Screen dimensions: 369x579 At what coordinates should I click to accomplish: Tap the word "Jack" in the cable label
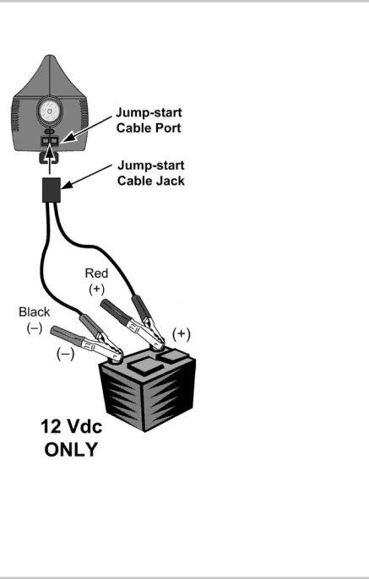click(169, 181)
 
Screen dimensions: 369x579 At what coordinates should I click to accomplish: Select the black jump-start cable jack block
click(52, 190)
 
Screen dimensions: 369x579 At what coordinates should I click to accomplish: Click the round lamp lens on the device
click(50, 111)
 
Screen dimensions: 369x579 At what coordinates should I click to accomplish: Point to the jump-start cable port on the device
click(50, 140)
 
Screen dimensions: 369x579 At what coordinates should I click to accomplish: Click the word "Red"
click(96, 273)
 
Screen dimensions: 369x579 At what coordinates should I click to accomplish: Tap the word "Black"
click(35, 312)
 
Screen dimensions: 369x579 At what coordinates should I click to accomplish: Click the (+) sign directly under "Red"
click(96, 289)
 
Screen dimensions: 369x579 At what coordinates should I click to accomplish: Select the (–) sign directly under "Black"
click(35, 327)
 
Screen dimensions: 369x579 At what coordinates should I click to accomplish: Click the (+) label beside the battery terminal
click(182, 334)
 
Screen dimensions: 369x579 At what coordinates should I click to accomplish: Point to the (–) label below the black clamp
click(65, 354)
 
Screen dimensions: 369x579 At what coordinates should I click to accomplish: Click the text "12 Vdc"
click(71, 426)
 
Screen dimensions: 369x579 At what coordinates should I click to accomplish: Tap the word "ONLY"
click(71, 449)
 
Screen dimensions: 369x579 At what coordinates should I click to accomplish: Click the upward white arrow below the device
click(50, 159)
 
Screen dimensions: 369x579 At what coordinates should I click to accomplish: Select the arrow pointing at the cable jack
click(86, 176)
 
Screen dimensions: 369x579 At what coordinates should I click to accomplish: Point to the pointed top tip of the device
click(50, 56)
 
